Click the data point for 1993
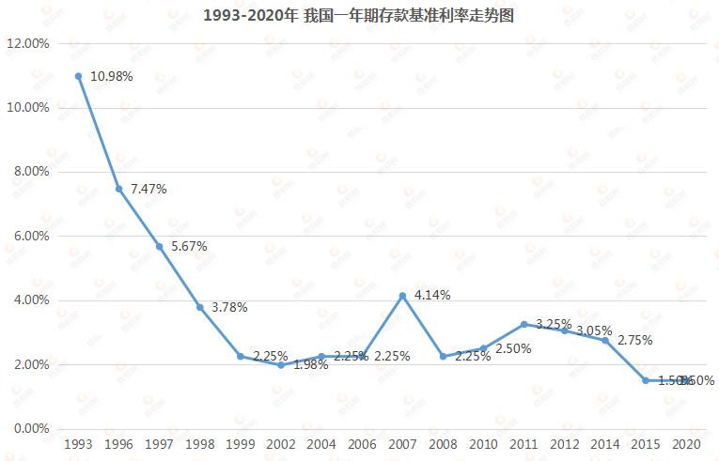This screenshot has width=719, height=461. coord(78,76)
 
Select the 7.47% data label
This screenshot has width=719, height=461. coord(148,189)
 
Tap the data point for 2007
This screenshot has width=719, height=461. coord(402,296)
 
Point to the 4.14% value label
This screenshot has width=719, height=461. coord(432,295)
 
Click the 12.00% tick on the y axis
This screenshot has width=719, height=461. coord(28,43)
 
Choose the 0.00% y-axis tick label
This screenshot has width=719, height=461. coord(28,428)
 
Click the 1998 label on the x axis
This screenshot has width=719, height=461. coord(199,443)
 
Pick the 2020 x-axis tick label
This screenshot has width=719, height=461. coord(686,443)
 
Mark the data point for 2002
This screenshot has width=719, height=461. coord(281,364)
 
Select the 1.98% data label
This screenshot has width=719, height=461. coord(310,365)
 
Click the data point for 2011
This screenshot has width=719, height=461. coord(524,324)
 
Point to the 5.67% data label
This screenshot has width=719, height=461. coord(188,246)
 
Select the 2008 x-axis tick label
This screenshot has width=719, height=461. coord(443,443)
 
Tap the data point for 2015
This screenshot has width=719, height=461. coord(646,380)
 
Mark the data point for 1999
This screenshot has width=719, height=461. coord(241,356)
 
